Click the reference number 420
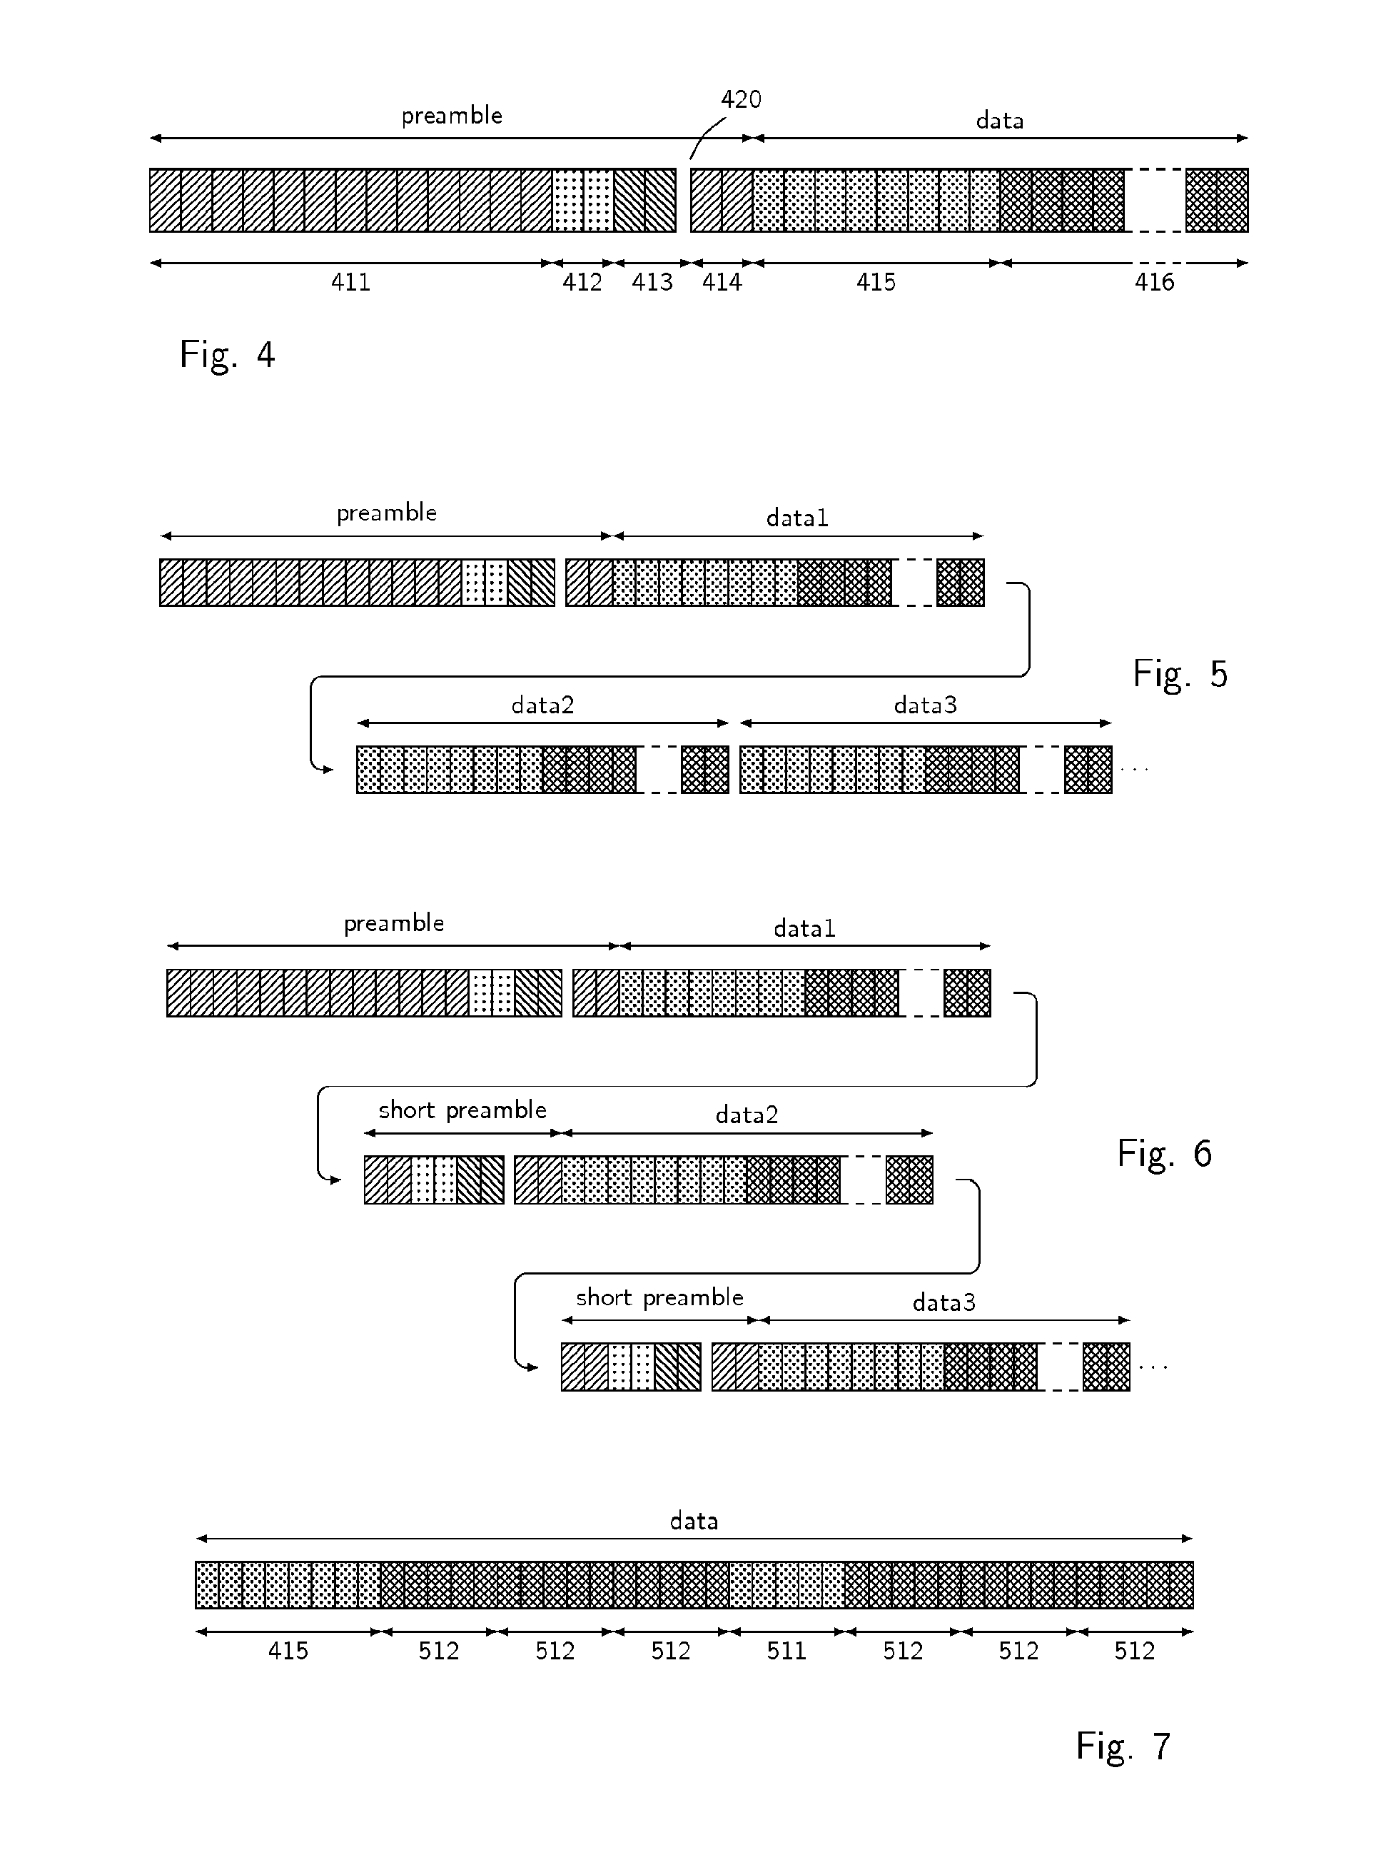(x=742, y=100)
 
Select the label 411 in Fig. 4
(x=350, y=283)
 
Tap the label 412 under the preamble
(x=582, y=283)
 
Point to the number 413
(x=652, y=283)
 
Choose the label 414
(x=722, y=283)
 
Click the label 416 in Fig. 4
(x=1154, y=283)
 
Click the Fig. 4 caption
(x=227, y=355)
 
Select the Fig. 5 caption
(x=1180, y=674)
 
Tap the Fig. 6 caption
(x=1164, y=1154)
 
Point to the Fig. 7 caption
(x=1123, y=1746)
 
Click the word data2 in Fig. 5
(x=542, y=705)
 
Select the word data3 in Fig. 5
(x=925, y=705)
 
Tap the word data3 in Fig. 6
(x=944, y=1302)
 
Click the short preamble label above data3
(x=659, y=1298)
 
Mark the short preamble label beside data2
(x=462, y=1110)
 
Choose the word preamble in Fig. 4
(x=452, y=116)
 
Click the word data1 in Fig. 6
(x=804, y=928)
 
